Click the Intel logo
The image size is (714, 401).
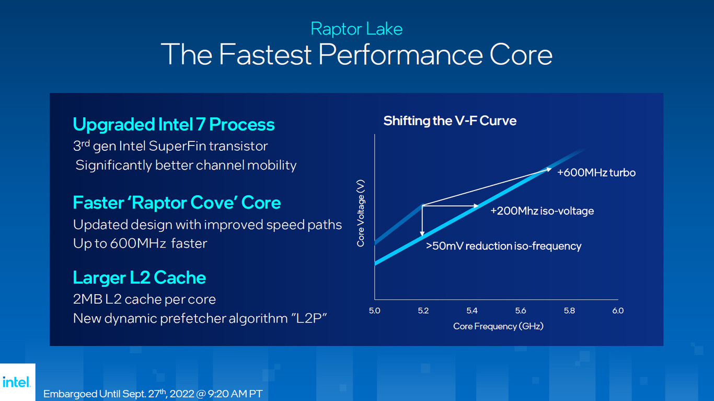(x=17, y=382)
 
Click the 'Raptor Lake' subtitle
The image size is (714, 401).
(x=356, y=28)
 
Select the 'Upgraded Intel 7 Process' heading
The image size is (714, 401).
(x=174, y=125)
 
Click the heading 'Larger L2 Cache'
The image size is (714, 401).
(x=139, y=277)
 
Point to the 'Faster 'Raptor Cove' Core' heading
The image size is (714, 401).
(x=177, y=203)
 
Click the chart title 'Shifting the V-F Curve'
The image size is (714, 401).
(x=450, y=121)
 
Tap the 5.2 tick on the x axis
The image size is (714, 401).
(x=423, y=310)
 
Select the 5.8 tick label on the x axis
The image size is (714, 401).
(x=569, y=310)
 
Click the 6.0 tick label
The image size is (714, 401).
(x=618, y=310)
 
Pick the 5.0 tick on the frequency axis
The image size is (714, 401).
(x=374, y=310)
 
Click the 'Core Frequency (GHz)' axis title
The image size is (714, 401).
(x=498, y=326)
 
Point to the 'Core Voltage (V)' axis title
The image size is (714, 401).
(x=361, y=213)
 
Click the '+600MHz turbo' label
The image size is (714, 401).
(x=596, y=173)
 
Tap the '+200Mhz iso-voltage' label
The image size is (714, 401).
(x=542, y=211)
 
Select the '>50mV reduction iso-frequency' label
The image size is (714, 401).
(x=503, y=246)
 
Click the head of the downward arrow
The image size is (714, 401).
(x=422, y=233)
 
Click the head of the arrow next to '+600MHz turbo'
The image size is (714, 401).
(x=548, y=169)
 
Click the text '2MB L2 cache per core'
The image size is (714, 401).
(x=144, y=299)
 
